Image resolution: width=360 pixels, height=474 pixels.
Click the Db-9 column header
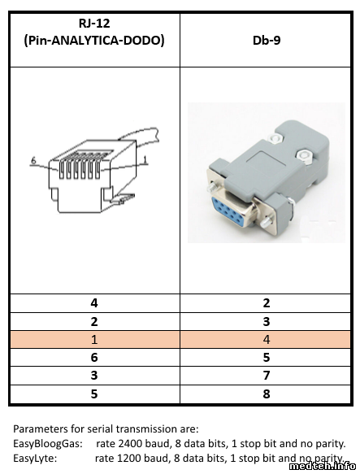point(267,40)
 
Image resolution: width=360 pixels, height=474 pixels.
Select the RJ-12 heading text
point(94,24)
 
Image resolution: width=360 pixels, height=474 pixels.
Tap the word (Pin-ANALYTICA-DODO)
point(94,40)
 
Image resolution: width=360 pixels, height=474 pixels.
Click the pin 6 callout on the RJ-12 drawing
point(33,160)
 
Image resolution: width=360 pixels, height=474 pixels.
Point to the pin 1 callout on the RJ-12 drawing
point(145,159)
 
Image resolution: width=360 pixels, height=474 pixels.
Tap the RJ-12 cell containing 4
point(95,303)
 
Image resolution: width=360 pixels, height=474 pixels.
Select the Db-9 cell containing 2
point(266,303)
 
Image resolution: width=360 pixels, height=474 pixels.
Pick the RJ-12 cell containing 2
point(95,321)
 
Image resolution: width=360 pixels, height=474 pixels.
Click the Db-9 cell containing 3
point(266,321)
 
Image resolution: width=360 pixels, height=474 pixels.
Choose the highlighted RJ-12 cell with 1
point(95,339)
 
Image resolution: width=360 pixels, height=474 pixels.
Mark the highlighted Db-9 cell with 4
point(266,339)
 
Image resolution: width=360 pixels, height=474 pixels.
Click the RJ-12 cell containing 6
point(95,357)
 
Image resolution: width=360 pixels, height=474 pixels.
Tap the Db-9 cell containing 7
point(266,376)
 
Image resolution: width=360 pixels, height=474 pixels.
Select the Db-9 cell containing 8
point(266,394)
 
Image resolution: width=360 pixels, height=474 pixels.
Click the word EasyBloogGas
point(48,444)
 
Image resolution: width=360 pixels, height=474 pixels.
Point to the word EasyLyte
point(35,459)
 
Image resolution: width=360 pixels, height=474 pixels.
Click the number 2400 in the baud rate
point(130,443)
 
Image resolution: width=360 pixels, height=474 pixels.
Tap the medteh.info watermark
point(323,467)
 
